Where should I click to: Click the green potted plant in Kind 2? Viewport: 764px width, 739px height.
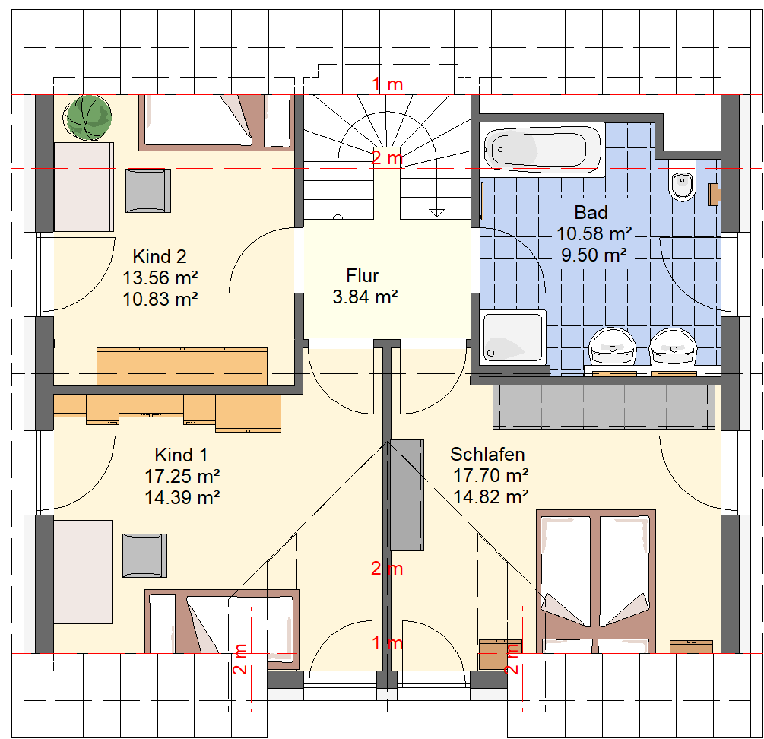[87, 118]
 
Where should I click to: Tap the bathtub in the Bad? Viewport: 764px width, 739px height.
[542, 150]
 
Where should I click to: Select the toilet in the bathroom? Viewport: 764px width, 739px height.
[682, 181]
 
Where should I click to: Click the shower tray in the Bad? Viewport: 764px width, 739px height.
[512, 337]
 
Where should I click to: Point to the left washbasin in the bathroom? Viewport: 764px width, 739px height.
[613, 347]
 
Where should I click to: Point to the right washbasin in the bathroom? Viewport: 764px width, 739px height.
[673, 347]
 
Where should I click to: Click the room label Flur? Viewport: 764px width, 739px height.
[362, 276]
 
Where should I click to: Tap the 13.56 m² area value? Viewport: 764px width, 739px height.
[160, 278]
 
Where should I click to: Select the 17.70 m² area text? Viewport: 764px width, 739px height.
[490, 475]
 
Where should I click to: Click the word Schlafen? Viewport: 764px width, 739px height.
[487, 454]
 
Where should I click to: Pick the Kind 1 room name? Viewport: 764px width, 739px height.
[181, 455]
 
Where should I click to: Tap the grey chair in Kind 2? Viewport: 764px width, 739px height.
[148, 191]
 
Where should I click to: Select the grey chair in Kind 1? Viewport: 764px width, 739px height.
[144, 556]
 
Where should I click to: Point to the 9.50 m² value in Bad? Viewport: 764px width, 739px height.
[594, 255]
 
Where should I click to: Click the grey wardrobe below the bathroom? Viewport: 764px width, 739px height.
[604, 408]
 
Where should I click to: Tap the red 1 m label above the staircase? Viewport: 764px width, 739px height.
[388, 84]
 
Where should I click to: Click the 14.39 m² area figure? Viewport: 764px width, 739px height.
[182, 497]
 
